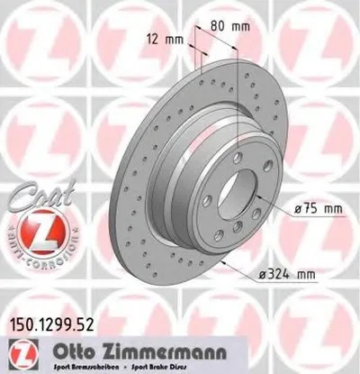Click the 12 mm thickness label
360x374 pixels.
[162, 38]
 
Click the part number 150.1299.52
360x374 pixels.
[52, 318]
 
